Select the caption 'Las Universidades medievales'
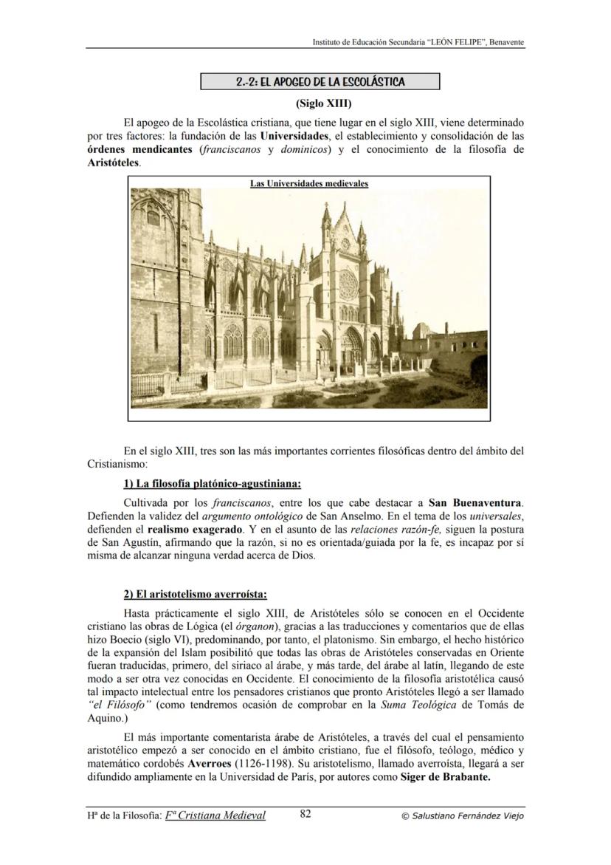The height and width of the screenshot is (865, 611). coord(309,183)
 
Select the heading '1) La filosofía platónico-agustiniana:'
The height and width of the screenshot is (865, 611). coord(213,484)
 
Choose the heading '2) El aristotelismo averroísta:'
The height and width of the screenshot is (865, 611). coord(195,595)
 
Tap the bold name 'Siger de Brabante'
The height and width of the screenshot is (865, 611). coord(445,776)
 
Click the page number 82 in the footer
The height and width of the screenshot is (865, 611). coord(306,815)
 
